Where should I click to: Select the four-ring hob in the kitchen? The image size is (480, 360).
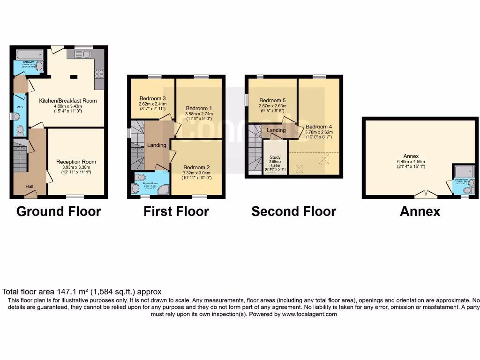click(x=99, y=74)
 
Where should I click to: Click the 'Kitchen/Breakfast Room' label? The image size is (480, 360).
click(x=68, y=100)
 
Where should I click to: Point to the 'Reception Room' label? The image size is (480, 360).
click(x=76, y=162)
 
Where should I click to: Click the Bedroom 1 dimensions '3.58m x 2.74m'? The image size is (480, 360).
click(x=199, y=113)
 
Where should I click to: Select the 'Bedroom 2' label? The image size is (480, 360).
click(x=196, y=167)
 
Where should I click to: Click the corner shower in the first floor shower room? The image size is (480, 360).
click(x=163, y=188)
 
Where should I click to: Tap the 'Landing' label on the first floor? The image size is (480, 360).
click(x=157, y=145)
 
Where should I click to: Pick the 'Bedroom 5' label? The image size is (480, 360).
click(x=272, y=100)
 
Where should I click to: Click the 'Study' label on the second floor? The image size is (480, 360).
click(x=275, y=157)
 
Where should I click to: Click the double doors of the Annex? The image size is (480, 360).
click(x=426, y=193)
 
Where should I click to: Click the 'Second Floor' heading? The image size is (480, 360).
click(x=293, y=211)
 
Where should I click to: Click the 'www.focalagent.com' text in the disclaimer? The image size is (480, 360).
click(x=309, y=315)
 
